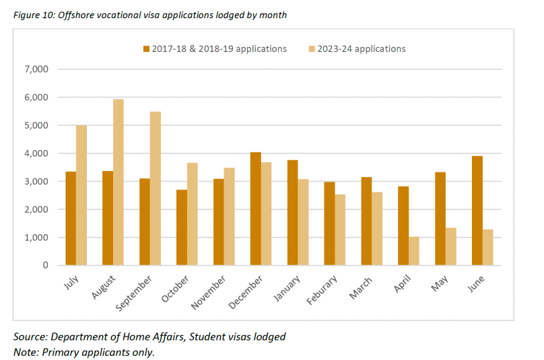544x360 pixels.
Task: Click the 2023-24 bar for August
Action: click(118, 182)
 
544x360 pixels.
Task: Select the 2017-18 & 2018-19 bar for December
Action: click(256, 209)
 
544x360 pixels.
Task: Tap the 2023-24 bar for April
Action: click(414, 251)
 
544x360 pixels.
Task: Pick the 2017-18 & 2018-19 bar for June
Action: click(477, 211)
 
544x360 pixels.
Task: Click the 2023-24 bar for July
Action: click(81, 195)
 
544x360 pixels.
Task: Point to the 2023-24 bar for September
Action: click(156, 188)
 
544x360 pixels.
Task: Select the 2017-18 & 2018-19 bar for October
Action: click(182, 227)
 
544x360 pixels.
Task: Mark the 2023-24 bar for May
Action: click(451, 246)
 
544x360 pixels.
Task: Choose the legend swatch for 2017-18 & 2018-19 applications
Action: click(145, 49)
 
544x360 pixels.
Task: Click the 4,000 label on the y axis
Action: click(37, 153)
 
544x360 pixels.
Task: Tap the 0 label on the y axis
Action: click(45, 266)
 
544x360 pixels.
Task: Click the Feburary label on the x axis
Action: click(322, 290)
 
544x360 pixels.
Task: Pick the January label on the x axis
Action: click(286, 289)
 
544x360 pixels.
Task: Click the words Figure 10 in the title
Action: click(33, 15)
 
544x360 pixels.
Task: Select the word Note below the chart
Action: click(26, 351)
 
